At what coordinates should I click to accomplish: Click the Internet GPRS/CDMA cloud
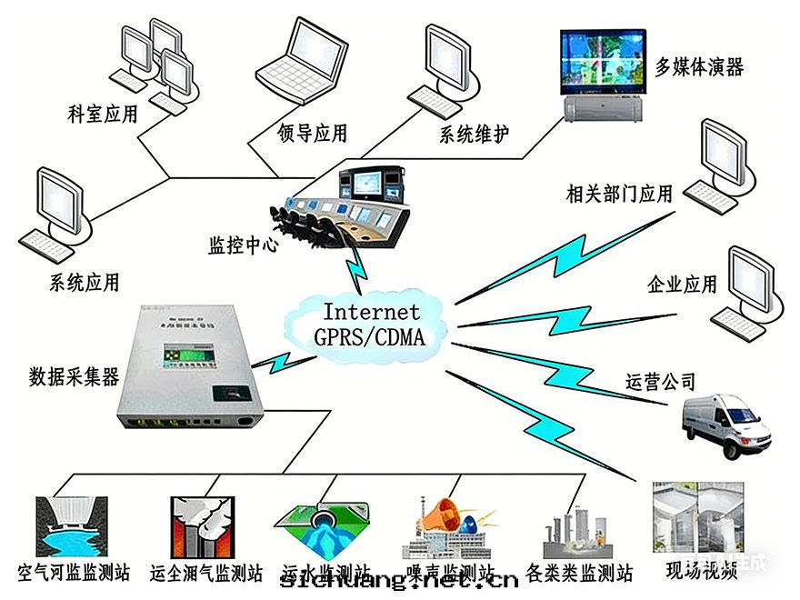(x=367, y=324)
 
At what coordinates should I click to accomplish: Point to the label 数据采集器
(x=74, y=375)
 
